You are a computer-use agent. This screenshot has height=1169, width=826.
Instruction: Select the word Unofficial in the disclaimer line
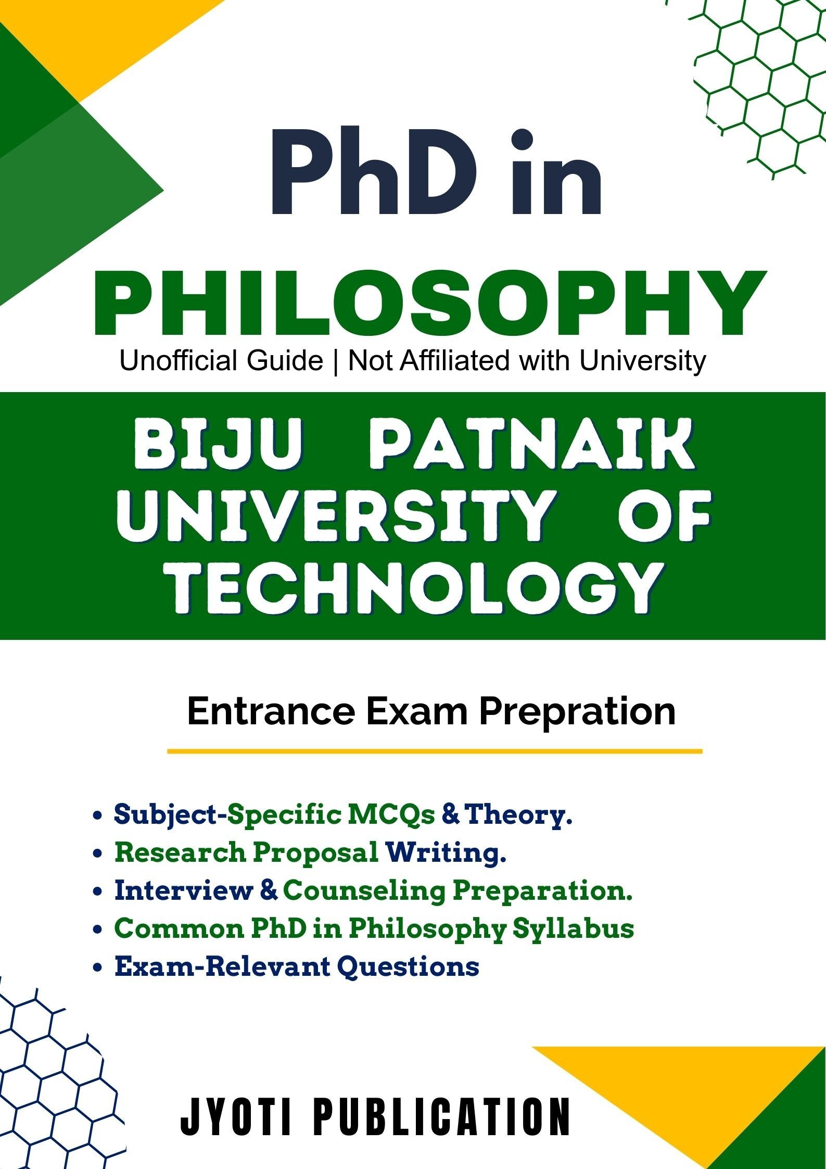tap(221, 361)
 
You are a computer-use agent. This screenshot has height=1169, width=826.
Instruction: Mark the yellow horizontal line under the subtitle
tap(435, 751)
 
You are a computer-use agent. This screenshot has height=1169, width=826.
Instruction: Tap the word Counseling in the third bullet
tap(364, 891)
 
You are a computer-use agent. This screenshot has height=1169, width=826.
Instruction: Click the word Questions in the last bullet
tap(408, 966)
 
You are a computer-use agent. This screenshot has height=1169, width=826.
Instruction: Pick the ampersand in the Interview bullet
tap(268, 891)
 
